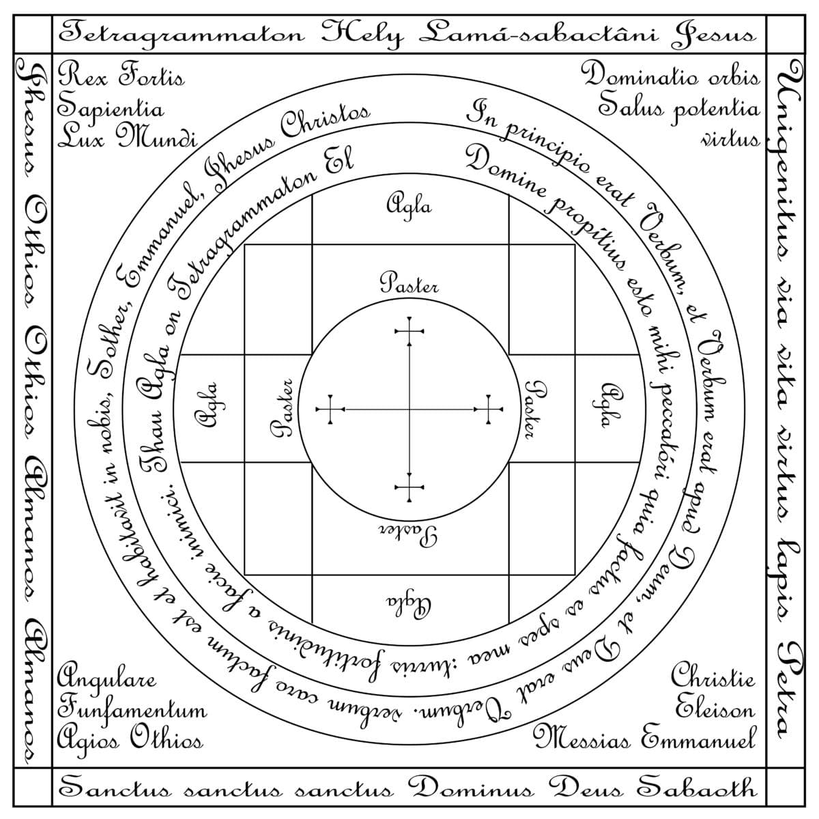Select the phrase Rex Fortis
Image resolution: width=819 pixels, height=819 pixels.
121,76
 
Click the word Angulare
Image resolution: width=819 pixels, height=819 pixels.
106,679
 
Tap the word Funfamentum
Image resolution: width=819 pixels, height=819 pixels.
132,710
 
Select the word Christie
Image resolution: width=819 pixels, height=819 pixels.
713,678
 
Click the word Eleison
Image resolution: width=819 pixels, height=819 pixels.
715,708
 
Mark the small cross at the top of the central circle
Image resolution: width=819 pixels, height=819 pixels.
409,331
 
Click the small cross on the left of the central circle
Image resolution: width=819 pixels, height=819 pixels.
331,409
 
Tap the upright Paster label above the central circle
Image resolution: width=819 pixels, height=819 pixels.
409,283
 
